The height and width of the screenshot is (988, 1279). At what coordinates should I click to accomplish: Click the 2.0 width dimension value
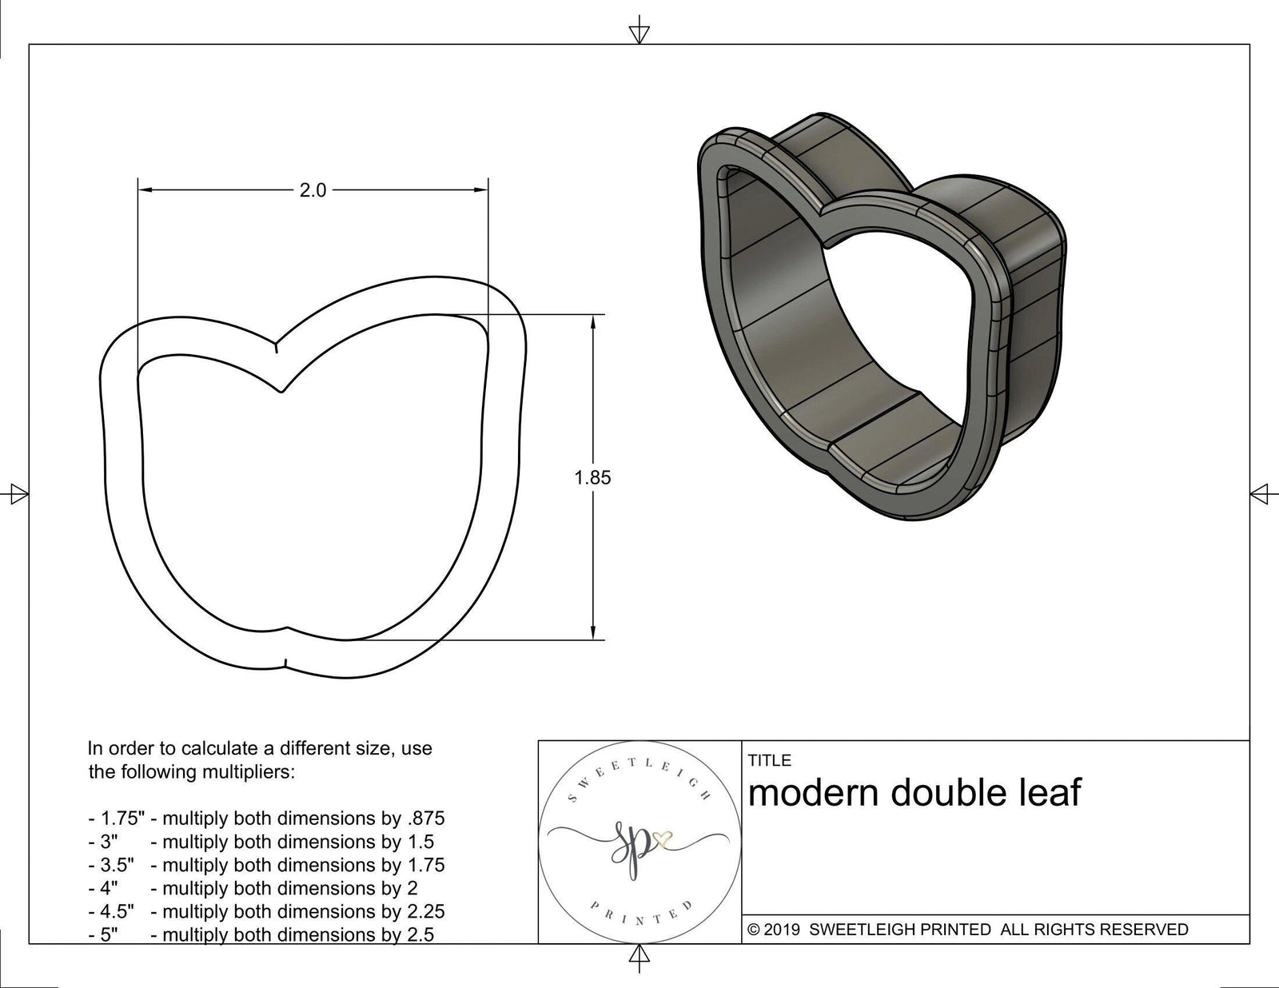click(x=313, y=190)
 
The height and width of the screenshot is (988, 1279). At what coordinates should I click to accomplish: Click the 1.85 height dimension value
click(x=592, y=478)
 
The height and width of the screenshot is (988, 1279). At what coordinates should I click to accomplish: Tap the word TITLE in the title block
click(x=770, y=760)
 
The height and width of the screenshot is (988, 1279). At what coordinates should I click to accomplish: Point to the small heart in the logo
click(x=662, y=839)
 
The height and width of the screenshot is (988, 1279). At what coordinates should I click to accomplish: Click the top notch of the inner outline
click(x=279, y=391)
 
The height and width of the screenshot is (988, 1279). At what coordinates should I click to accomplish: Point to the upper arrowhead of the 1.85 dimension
click(x=592, y=322)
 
